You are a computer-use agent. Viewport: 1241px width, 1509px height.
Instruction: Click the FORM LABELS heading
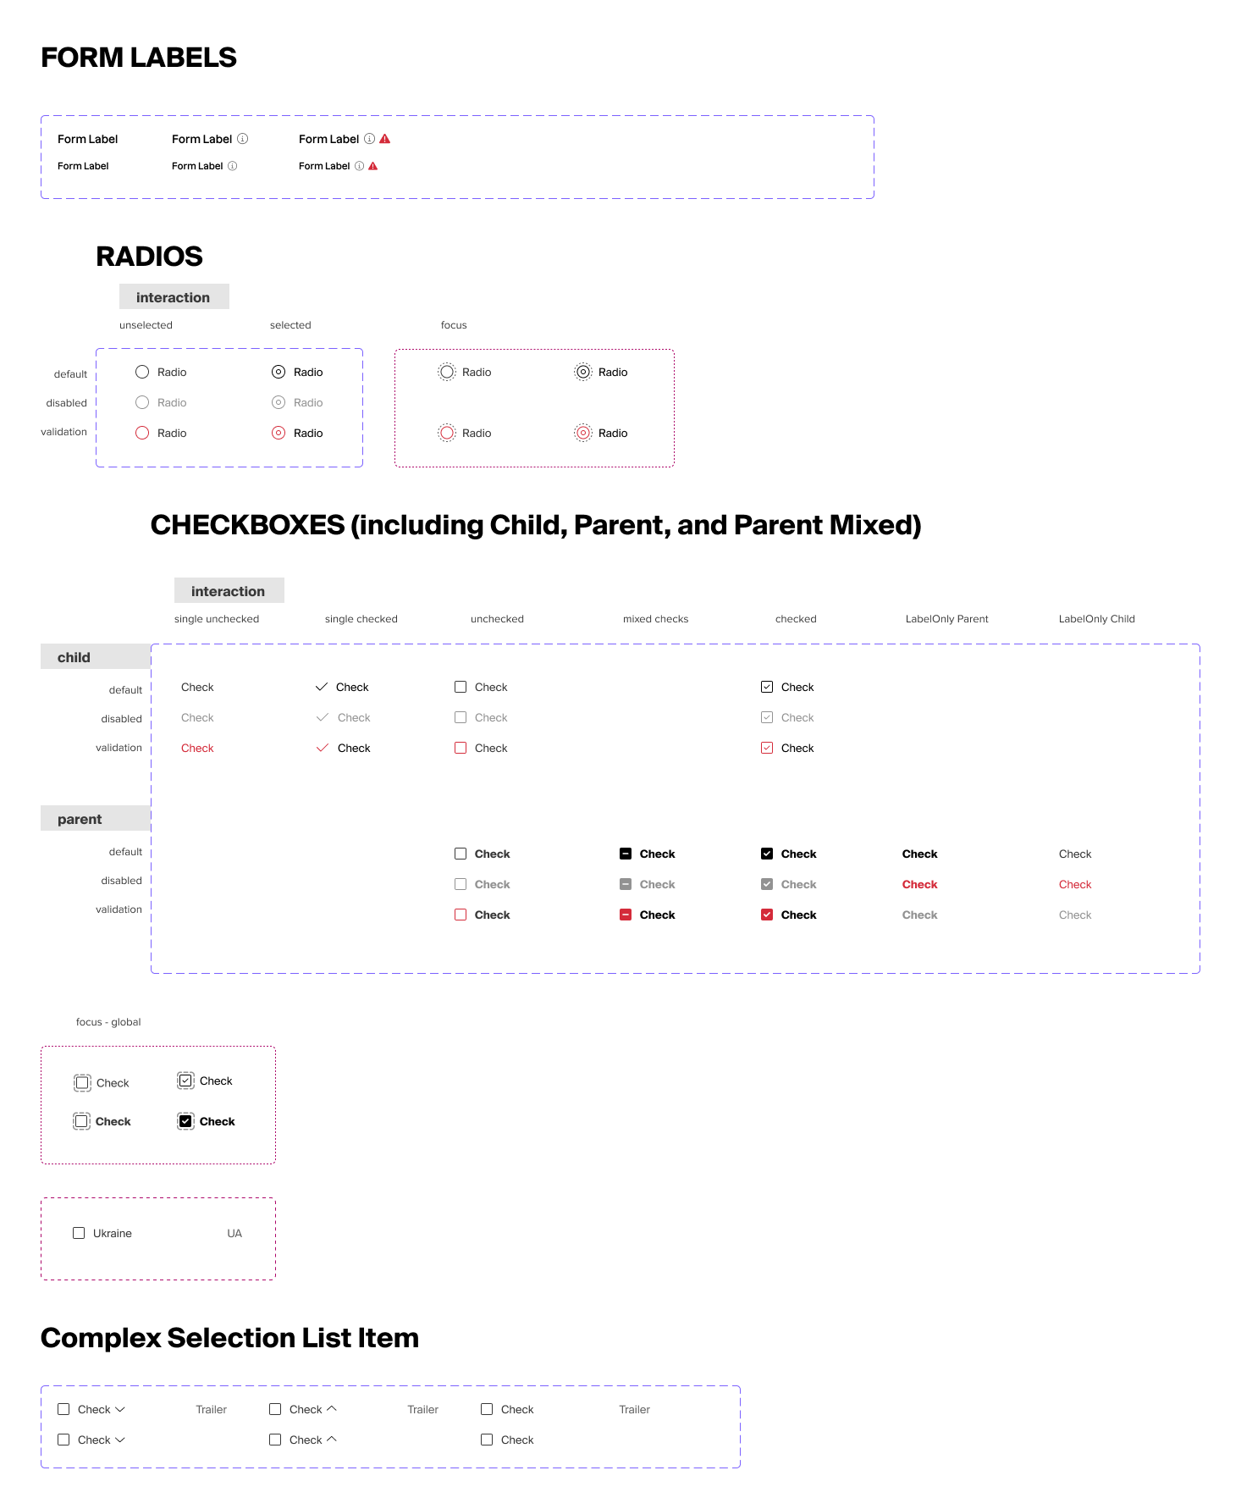139,58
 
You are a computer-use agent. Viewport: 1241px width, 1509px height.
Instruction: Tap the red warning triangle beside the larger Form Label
385,139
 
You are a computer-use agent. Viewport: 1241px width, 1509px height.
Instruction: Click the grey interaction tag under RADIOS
174,297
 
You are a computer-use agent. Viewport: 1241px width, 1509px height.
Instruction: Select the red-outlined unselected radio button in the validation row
142,433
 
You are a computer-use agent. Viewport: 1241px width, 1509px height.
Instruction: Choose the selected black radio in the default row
279,372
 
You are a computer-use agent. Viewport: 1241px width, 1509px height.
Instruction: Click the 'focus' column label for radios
454,325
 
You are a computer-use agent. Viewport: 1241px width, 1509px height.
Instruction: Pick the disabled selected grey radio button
279,402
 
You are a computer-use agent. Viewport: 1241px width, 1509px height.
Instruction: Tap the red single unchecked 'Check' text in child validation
197,748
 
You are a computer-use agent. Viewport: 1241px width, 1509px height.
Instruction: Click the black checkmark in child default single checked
322,687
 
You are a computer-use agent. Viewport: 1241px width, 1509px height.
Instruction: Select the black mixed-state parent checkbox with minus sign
626,854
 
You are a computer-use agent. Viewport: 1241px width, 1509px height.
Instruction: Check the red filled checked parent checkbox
767,915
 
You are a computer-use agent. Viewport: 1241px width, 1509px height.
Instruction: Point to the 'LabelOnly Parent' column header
946,619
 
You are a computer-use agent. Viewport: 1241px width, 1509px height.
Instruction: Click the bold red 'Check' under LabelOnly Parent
919,884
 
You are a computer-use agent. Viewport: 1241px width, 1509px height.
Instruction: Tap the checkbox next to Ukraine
79,1233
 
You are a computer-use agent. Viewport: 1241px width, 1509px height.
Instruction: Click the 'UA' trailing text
234,1234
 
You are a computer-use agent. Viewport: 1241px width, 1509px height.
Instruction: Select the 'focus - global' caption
108,1022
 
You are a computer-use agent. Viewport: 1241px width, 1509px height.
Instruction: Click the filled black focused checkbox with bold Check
185,1121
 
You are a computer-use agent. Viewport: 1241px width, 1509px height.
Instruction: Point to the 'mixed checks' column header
655,619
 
